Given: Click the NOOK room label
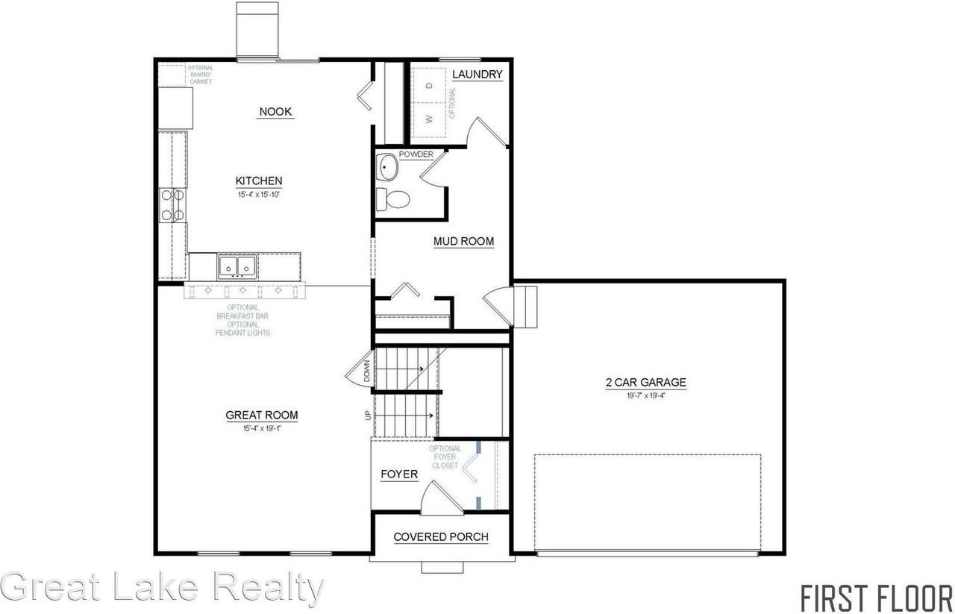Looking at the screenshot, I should coord(275,112).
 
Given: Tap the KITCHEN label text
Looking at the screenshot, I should coord(259,181).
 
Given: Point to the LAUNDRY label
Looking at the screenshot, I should coord(477,74).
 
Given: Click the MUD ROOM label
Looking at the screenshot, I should coord(464,241).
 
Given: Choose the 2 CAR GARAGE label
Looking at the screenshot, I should coord(645,383).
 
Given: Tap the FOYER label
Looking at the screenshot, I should coord(399,474).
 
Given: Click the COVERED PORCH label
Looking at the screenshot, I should coord(441,536).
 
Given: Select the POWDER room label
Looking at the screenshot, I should coord(416,154).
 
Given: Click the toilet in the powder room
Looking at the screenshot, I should coord(394,199).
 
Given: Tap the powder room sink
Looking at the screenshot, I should coord(387,167).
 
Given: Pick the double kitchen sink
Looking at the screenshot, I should coord(237,266).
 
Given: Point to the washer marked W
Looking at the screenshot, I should coord(429,119).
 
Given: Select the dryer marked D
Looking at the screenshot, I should coord(429,85).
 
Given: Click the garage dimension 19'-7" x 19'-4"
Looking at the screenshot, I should coord(645,395).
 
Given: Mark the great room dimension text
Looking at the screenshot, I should coord(260,428).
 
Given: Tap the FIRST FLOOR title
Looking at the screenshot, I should coord(876,598).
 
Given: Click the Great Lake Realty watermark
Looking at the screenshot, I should coord(163,587).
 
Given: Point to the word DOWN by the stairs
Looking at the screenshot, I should coord(367,371).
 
